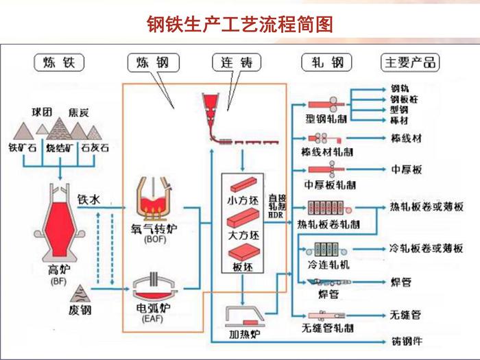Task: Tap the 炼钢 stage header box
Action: tap(152, 63)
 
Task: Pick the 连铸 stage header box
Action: tap(237, 63)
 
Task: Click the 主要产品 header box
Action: tap(410, 63)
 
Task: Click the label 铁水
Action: tap(89, 200)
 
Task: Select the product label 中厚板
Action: tap(406, 169)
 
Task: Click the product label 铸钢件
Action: tap(406, 341)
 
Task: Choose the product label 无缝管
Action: tap(405, 315)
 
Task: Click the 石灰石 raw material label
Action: tap(95, 147)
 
